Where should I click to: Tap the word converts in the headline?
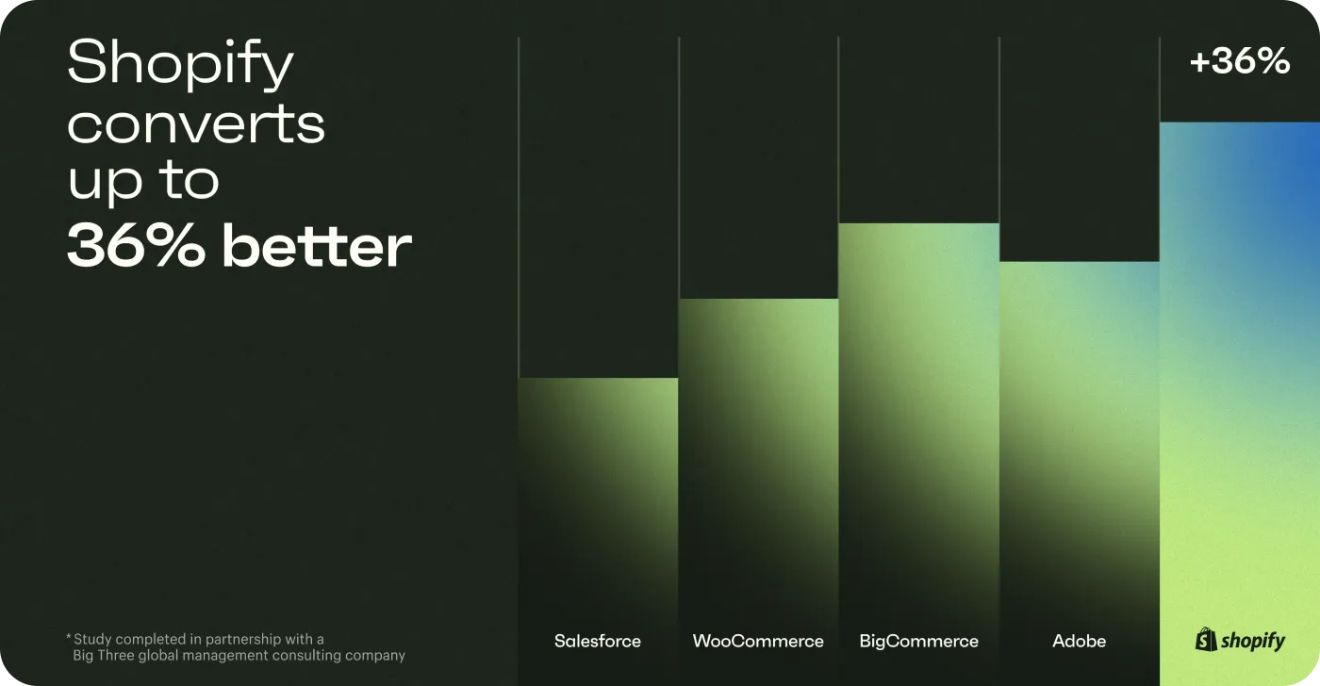click(196, 123)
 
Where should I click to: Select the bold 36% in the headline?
click(136, 245)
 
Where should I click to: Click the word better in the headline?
click(317, 245)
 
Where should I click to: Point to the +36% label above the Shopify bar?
click(1240, 60)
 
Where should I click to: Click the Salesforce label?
click(598, 641)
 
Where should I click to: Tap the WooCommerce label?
click(758, 641)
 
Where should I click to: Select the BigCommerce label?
click(918, 641)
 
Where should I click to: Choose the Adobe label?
click(1079, 641)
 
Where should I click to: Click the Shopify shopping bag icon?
click(1206, 640)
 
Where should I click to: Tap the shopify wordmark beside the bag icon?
click(1253, 641)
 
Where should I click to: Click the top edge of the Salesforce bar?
click(598, 378)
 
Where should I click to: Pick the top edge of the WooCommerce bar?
click(758, 299)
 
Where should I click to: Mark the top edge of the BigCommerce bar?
click(918, 223)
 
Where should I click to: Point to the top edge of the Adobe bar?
click(1080, 261)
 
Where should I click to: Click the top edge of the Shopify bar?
click(1240, 122)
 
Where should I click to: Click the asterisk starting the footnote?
click(68, 637)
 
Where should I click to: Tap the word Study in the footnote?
click(92, 640)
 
